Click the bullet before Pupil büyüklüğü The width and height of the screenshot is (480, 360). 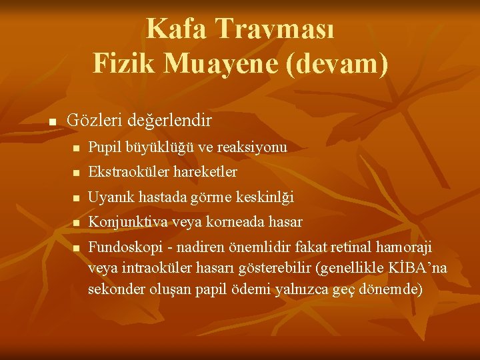coord(77,148)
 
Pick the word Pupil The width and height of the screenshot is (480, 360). coord(103,147)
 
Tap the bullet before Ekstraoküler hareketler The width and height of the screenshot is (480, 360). coord(77,173)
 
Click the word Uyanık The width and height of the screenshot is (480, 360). coord(109,197)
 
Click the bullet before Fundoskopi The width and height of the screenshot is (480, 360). coord(77,248)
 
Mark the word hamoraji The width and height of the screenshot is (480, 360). coord(405,247)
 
